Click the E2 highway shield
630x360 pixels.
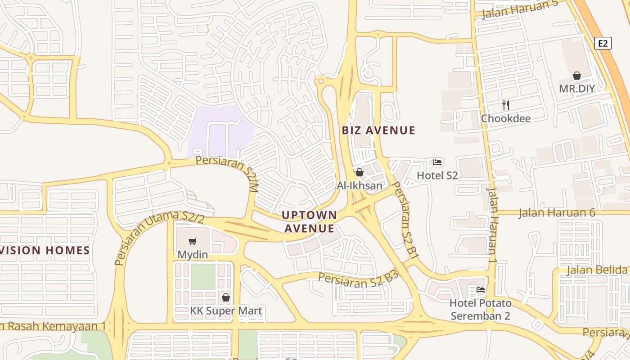coord(603,43)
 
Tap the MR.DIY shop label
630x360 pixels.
coord(577,89)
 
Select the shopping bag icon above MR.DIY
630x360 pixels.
coord(577,76)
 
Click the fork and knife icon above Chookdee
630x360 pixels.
coord(506,105)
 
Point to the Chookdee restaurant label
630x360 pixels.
coord(506,118)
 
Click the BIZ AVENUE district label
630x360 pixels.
coord(378,130)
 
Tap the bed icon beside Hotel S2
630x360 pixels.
coord(437,162)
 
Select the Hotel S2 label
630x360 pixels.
coord(437,175)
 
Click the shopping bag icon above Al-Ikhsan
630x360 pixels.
coord(359,172)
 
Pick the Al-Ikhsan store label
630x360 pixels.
coord(360,185)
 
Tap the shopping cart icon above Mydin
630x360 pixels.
coord(193,242)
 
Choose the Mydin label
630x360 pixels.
coord(193,255)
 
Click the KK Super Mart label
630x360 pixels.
coord(226,310)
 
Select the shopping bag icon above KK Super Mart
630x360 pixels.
coord(226,297)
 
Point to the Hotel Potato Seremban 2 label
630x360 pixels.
coord(481,309)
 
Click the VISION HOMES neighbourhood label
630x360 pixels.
coord(45,250)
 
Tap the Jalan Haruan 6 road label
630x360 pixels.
coord(557,213)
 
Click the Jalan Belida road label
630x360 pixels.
coord(597,270)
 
